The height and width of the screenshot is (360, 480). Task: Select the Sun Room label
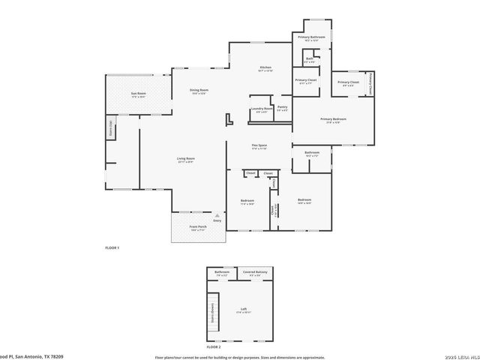point(138,94)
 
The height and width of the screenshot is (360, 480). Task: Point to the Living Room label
point(186,159)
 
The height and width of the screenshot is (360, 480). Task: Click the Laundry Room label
point(262,109)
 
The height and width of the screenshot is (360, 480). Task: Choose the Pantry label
point(282,107)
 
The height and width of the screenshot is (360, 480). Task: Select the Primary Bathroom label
point(310,37)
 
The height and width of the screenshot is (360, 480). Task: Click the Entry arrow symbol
point(217,215)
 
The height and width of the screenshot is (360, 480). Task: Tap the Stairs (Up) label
point(110,128)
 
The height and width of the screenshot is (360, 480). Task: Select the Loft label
point(244,309)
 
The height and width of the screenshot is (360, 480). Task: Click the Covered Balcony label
point(255,272)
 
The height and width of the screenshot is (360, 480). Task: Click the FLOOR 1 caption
point(112,247)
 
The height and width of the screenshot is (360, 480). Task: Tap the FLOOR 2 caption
point(214,347)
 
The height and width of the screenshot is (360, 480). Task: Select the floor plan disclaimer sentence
point(240,357)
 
